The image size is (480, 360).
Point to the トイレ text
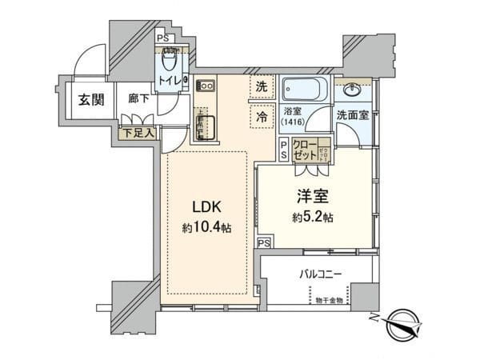[168, 81]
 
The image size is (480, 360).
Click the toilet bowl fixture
[169, 61]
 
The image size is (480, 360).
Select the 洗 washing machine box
[262, 87]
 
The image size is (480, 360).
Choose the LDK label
[203, 206]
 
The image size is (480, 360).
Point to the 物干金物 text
[328, 302]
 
